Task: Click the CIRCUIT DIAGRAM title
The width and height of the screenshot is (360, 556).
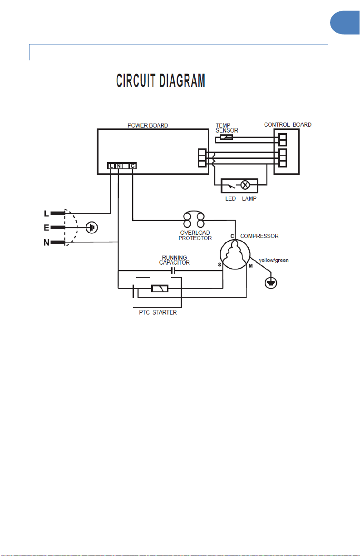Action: click(x=161, y=80)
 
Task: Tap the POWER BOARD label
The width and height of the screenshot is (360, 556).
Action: click(x=148, y=125)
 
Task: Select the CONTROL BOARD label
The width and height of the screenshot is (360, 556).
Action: click(x=288, y=125)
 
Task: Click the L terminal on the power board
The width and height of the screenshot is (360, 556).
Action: click(x=111, y=166)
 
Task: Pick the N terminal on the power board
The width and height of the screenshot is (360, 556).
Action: click(x=118, y=166)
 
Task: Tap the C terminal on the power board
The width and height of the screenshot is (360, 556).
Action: click(x=133, y=166)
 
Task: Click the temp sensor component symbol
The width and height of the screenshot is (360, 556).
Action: click(x=227, y=137)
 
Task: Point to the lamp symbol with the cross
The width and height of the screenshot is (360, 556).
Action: click(x=245, y=185)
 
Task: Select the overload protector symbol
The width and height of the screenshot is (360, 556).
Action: click(x=194, y=219)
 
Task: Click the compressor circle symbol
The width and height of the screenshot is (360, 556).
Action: click(x=235, y=255)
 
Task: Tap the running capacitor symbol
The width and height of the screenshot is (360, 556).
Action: click(x=173, y=271)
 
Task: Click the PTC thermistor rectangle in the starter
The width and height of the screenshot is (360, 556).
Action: click(x=160, y=289)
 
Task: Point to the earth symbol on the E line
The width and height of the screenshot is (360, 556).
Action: click(x=92, y=227)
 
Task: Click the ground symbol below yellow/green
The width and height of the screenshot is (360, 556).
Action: click(x=271, y=283)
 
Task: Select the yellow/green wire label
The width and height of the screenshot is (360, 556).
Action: click(x=274, y=260)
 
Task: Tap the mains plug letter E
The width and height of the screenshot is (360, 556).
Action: click(x=46, y=227)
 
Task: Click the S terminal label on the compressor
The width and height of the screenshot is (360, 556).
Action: click(x=219, y=265)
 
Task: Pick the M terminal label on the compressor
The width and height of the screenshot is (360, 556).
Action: click(x=251, y=266)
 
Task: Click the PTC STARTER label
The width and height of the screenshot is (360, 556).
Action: click(x=158, y=313)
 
